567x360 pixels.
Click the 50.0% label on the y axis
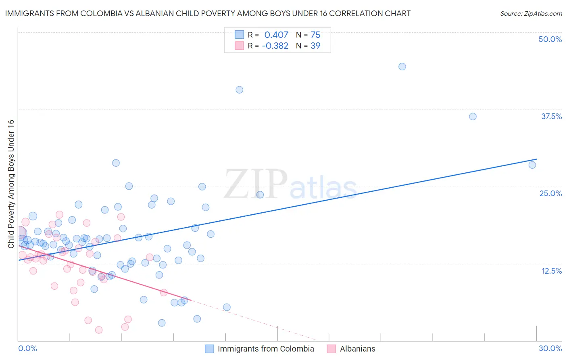coord(550,39)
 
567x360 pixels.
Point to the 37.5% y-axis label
coord(551,116)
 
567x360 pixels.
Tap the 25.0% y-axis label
coord(550,193)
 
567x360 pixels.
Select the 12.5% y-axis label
coord(551,271)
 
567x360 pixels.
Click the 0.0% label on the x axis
coord(27,348)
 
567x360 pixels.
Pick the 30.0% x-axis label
coord(550,348)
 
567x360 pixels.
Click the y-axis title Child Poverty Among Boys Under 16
coord(11,184)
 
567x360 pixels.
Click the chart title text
coord(208,13)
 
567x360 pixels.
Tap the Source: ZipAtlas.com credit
coord(531,13)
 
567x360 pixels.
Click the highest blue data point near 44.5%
coord(402,67)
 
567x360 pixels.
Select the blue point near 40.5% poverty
coord(239,90)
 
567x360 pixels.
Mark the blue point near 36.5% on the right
coord(473,117)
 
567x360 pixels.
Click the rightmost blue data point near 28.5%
coord(532,165)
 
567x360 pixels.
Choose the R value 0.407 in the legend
coord(276,35)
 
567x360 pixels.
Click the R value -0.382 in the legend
coord(275,46)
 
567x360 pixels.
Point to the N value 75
coord(315,35)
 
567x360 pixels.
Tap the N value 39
coord(315,46)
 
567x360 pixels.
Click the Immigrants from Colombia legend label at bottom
coord(266,349)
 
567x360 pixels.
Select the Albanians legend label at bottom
coord(357,349)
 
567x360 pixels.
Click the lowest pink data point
coord(98,330)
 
